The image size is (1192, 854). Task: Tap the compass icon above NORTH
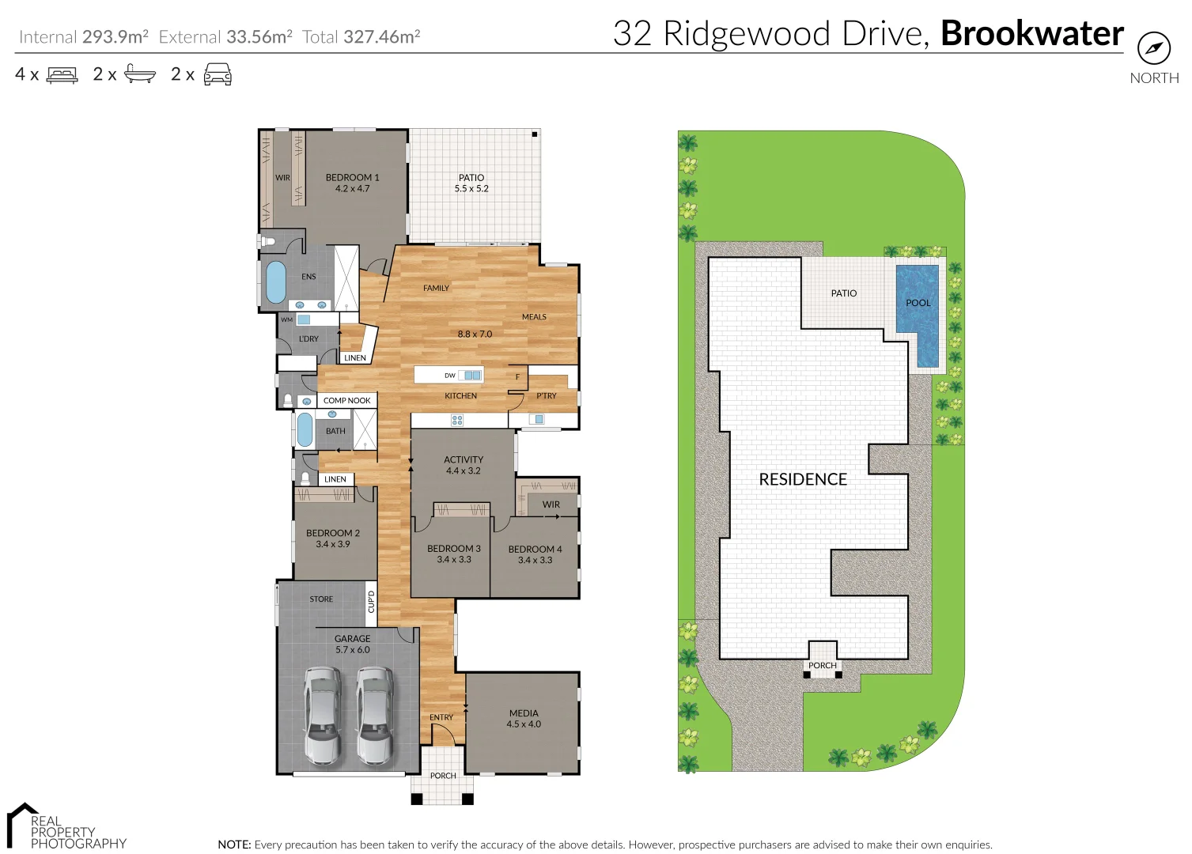pyautogui.click(x=1153, y=48)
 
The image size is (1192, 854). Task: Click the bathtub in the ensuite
pyautogui.click(x=275, y=282)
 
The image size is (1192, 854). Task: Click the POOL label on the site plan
pyautogui.click(x=918, y=303)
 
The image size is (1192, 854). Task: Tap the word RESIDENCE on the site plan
pyautogui.click(x=803, y=479)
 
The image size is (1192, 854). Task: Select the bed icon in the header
pyautogui.click(x=62, y=75)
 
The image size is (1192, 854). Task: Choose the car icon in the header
pyautogui.click(x=218, y=75)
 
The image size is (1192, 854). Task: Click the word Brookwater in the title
pyautogui.click(x=1031, y=33)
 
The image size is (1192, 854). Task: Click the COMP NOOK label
pyautogui.click(x=346, y=401)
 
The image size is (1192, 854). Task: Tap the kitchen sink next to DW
pyautogui.click(x=472, y=375)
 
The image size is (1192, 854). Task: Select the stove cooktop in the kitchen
pyautogui.click(x=457, y=420)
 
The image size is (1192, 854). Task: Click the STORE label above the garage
pyautogui.click(x=321, y=599)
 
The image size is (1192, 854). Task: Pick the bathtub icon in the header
pyautogui.click(x=140, y=75)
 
